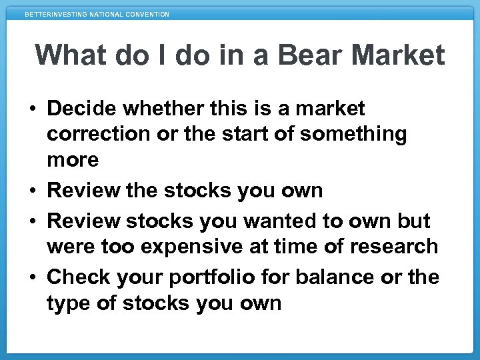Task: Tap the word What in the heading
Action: click(x=73, y=55)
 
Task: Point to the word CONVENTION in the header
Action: click(x=147, y=14)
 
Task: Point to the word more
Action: click(x=73, y=160)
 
